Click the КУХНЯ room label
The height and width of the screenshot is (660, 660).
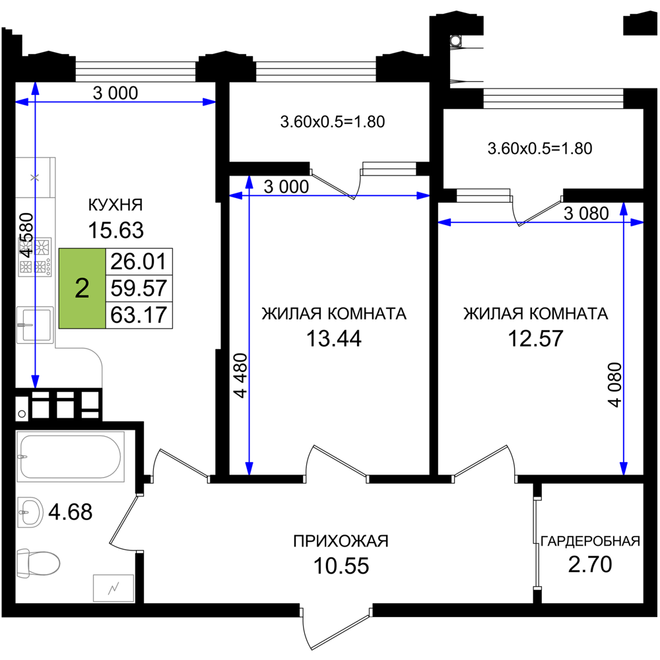click(115, 205)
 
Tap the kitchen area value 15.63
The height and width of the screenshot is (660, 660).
click(115, 230)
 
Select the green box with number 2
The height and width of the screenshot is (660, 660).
click(82, 288)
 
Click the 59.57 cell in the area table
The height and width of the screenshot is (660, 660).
click(139, 288)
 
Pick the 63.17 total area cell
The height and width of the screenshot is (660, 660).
click(139, 315)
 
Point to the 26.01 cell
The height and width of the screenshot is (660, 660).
click(139, 262)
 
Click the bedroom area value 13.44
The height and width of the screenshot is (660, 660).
click(334, 339)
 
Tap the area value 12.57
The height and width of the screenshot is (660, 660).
click(535, 339)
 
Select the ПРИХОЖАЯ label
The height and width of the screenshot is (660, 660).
click(341, 541)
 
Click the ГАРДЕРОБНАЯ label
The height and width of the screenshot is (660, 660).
click(590, 541)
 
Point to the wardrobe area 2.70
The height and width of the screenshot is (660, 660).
click(590, 564)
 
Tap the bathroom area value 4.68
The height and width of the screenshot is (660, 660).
click(71, 512)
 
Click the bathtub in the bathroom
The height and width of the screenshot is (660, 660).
click(71, 457)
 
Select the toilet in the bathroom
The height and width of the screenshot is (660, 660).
click(38, 563)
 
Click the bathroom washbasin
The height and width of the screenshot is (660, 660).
click(30, 512)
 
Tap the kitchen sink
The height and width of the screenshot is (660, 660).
click(35, 325)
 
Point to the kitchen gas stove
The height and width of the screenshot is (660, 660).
click(35, 257)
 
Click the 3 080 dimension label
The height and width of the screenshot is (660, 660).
click(586, 213)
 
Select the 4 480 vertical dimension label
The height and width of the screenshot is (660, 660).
click(240, 376)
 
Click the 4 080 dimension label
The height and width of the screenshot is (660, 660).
click(615, 385)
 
